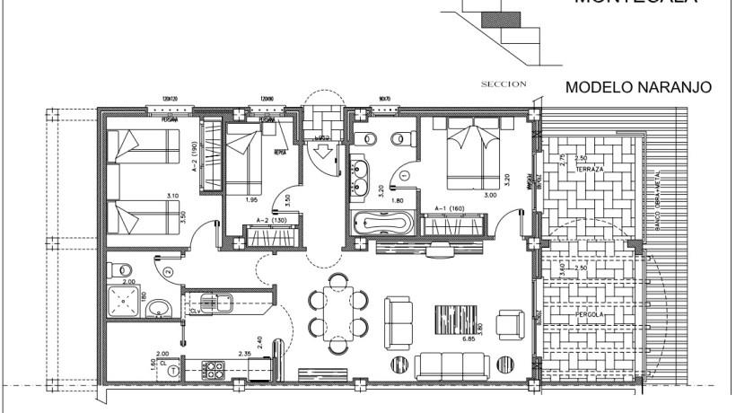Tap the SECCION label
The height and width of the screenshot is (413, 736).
[x=504, y=85]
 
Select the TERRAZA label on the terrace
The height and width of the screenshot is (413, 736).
[x=588, y=169]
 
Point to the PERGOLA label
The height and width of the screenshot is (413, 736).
[x=591, y=316]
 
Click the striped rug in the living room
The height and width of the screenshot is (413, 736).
[x=450, y=321]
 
